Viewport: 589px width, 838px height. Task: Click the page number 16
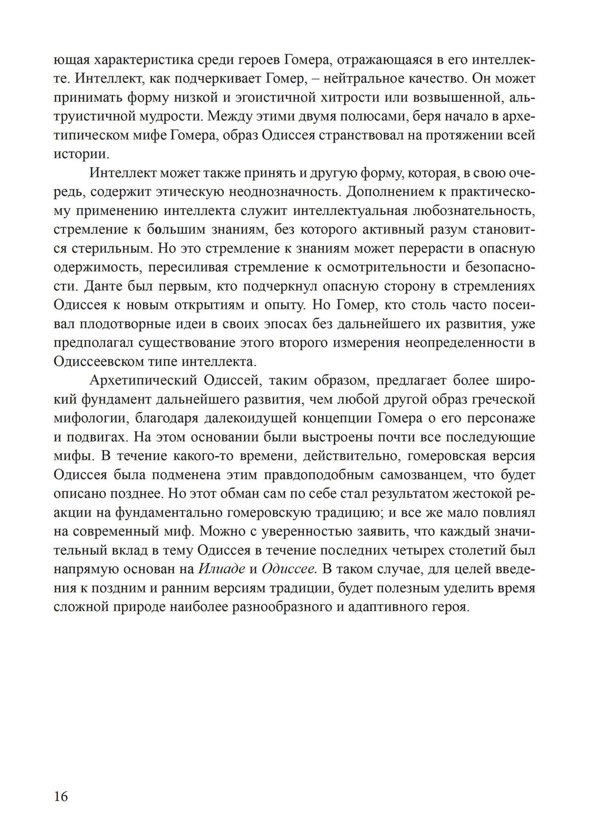click(x=61, y=797)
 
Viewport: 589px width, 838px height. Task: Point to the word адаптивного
click(x=383, y=607)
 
